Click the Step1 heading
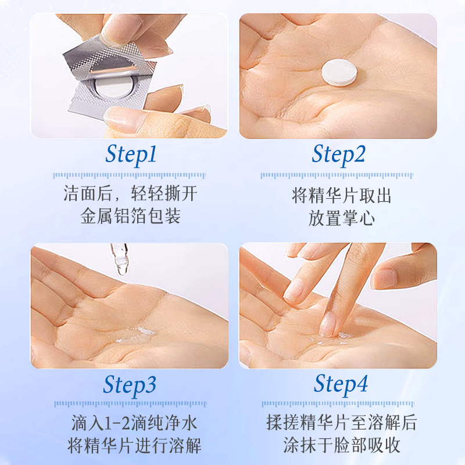coord(131,154)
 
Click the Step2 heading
coord(339,154)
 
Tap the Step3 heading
coord(131,385)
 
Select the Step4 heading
coord(341,384)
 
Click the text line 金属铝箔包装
coord(130,216)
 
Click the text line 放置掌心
coord(341,217)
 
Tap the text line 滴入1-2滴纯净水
coord(131,423)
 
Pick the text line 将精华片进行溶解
coord(134,446)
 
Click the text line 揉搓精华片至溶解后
coord(341,423)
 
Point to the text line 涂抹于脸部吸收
coord(341,446)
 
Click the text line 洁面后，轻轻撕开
coord(130,194)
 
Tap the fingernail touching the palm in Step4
coord(328,324)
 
